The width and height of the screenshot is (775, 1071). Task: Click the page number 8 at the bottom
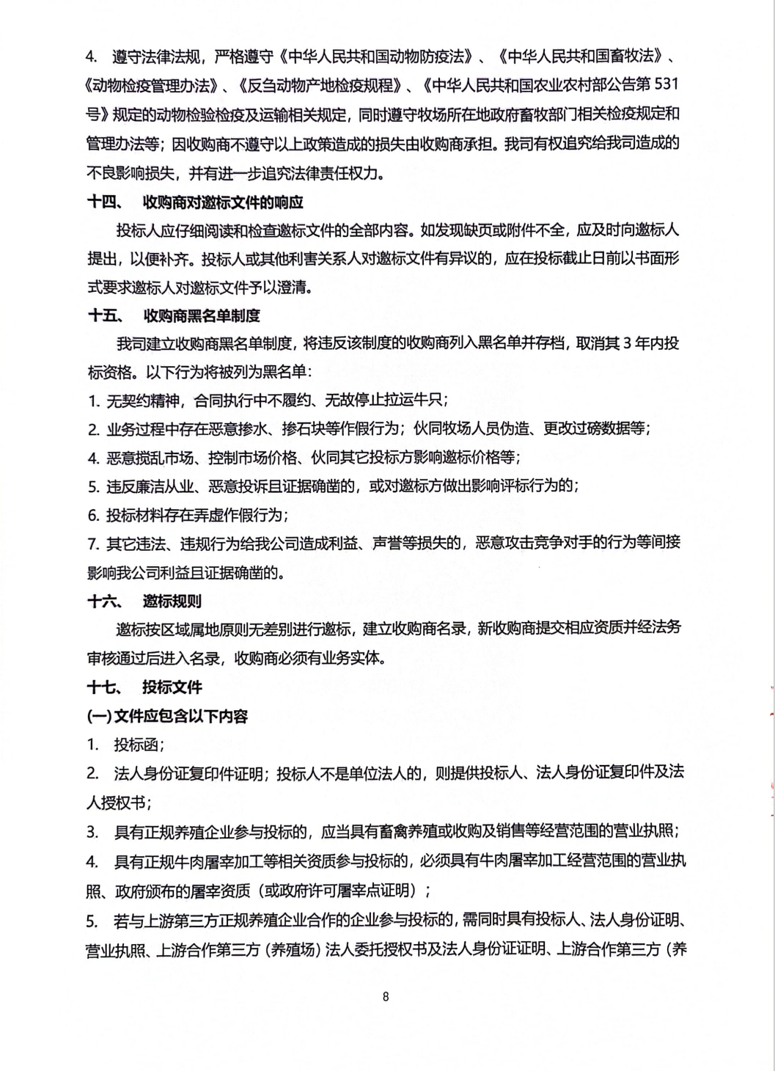click(386, 996)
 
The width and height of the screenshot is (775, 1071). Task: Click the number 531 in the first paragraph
click(666, 84)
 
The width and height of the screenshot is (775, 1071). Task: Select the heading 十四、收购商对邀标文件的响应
click(195, 202)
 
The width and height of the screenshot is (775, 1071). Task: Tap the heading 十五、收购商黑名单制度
click(174, 315)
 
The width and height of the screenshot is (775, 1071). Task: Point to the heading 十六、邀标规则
click(144, 602)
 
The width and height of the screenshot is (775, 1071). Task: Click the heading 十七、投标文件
click(144, 687)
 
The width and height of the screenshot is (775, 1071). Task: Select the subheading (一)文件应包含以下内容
click(167, 716)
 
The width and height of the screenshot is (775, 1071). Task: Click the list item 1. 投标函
click(125, 745)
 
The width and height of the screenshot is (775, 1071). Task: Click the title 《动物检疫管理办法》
click(153, 85)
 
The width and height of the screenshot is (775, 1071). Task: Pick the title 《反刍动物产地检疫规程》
click(320, 85)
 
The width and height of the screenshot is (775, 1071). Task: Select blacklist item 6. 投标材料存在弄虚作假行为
click(188, 515)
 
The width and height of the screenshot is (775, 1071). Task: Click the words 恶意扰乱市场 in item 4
click(150, 458)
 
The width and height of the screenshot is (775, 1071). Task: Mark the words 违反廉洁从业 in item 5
click(150, 486)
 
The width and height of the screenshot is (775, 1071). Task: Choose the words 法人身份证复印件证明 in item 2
click(188, 773)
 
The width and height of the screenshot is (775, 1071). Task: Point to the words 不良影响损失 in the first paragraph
click(131, 173)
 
